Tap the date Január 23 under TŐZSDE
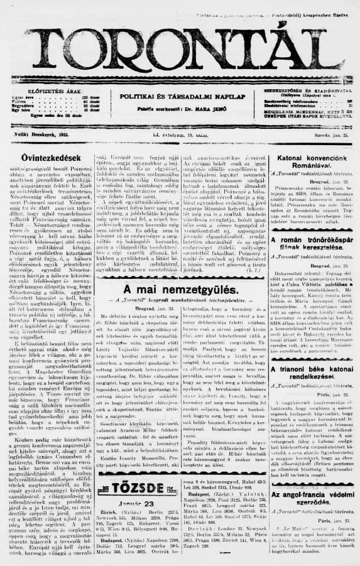tap(126, 503)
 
